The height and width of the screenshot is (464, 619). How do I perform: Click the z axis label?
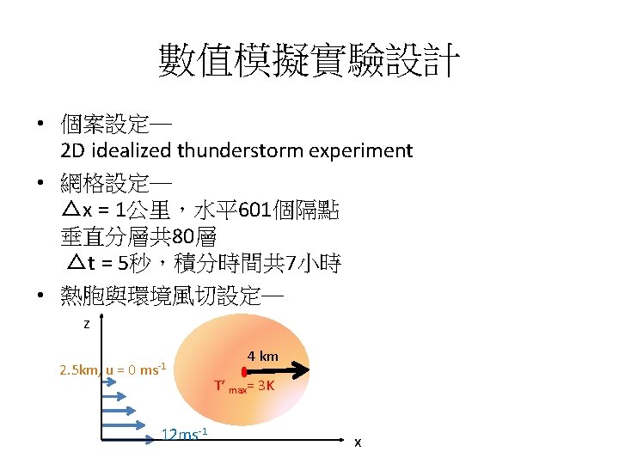[x=86, y=325]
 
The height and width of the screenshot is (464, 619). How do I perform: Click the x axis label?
[x=358, y=442]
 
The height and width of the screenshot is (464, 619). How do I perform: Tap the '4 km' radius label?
[x=263, y=356]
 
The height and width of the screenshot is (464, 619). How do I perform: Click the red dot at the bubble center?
[x=245, y=372]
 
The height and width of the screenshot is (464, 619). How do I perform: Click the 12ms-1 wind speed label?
[x=185, y=434]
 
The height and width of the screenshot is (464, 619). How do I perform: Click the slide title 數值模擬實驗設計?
[x=309, y=62]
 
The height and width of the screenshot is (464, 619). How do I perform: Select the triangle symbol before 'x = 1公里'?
[x=71, y=210]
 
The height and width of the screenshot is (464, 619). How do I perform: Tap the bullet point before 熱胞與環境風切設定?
[x=40, y=297]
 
